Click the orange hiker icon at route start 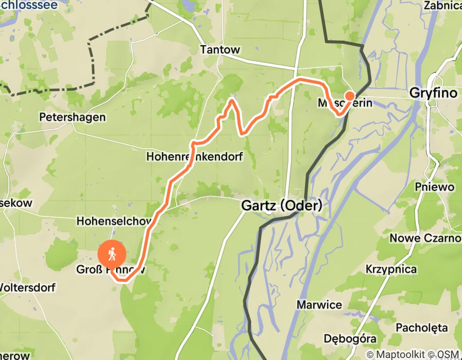click(x=112, y=254)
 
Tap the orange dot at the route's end click(x=350, y=96)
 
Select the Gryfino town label click(x=433, y=94)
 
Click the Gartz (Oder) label click(x=282, y=206)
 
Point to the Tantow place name click(x=220, y=50)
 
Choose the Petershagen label click(x=73, y=117)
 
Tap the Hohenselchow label click(x=114, y=221)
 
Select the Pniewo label click(x=436, y=187)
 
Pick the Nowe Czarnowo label click(x=425, y=239)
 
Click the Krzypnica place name click(x=392, y=269)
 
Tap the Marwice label click(x=319, y=305)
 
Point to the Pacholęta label click(x=420, y=328)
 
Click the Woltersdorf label click(x=27, y=287)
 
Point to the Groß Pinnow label click(x=111, y=269)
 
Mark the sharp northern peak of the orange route click(x=232, y=100)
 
